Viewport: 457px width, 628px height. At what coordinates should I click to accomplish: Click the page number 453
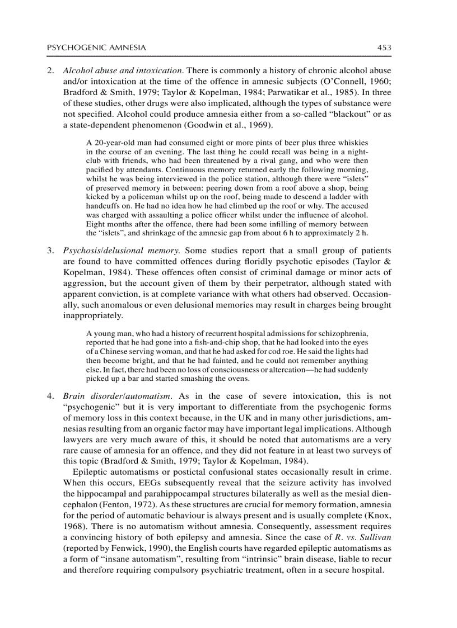click(384, 48)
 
